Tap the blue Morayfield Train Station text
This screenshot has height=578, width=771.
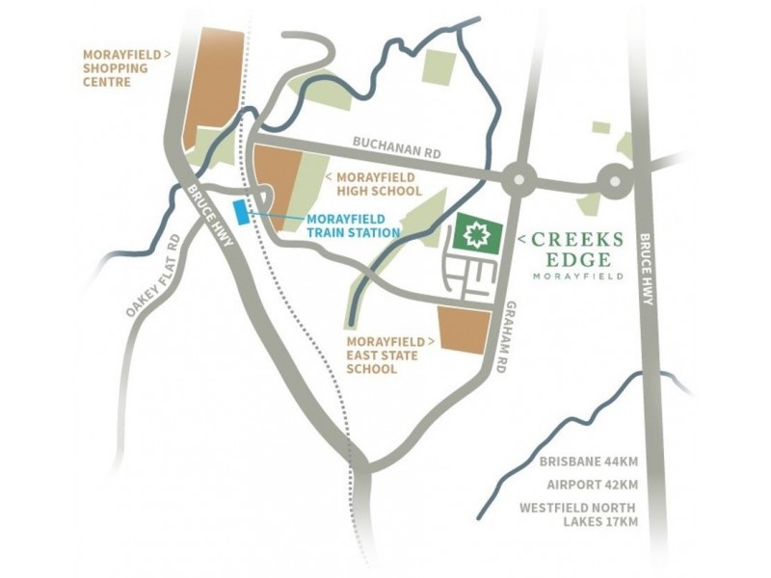tap(353, 225)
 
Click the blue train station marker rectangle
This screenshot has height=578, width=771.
tap(241, 211)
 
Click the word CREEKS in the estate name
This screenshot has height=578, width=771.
tap(578, 238)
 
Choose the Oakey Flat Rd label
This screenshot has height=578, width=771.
tap(152, 276)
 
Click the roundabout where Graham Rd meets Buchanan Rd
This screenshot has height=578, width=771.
tap(518, 178)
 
